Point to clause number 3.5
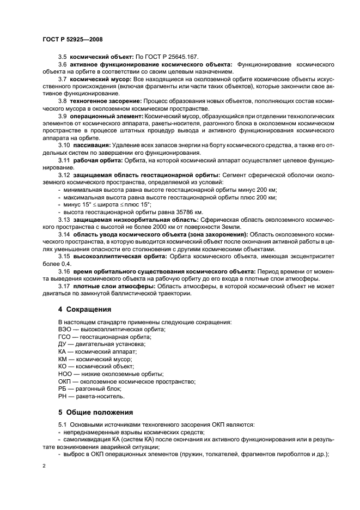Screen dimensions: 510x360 tap(63, 56)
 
